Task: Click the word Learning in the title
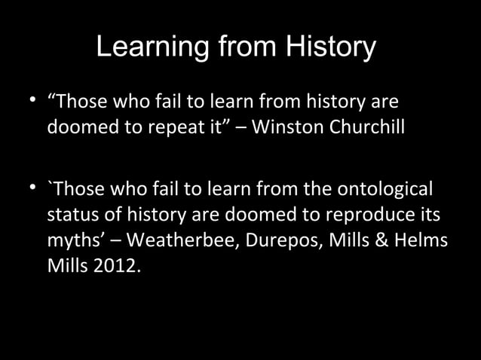(x=155, y=47)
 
